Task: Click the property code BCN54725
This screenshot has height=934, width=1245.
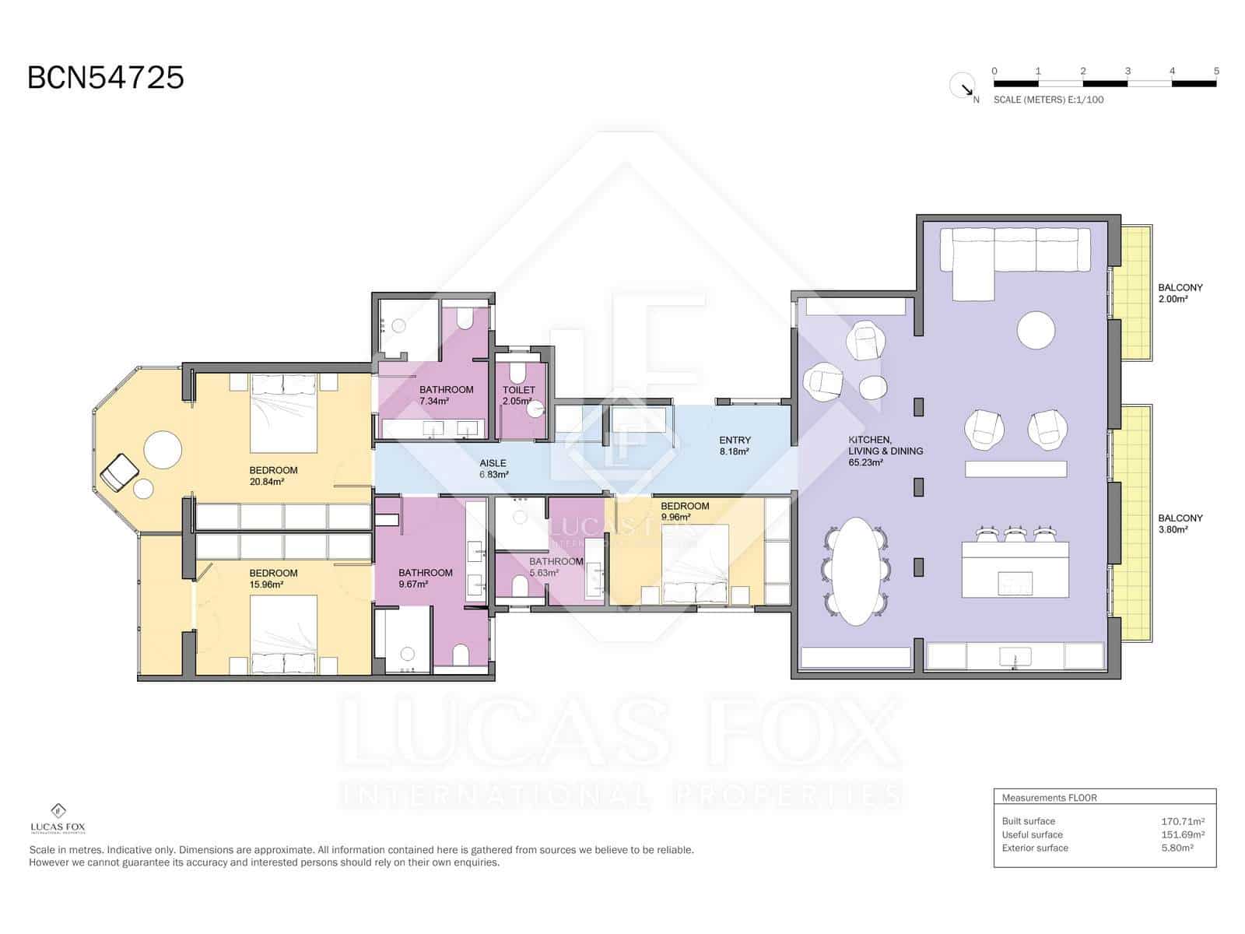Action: [x=105, y=78]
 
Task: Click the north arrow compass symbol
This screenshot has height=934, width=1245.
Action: [x=963, y=86]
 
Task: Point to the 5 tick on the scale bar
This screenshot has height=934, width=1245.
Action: [x=1215, y=72]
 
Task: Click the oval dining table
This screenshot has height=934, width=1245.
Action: [x=855, y=567]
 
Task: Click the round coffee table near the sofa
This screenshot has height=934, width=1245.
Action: [x=1036, y=330]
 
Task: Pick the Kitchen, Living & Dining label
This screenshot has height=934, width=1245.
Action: [x=886, y=451]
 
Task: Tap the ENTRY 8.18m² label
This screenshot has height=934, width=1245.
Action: [x=735, y=445]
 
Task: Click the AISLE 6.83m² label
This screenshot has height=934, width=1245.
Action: [x=493, y=469]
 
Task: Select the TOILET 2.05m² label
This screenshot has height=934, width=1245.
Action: [x=518, y=395]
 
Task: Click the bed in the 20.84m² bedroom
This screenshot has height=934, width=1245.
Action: [x=283, y=414]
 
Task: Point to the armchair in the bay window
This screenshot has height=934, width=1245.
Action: [x=120, y=472]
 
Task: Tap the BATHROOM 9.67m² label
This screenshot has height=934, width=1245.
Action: [x=425, y=578]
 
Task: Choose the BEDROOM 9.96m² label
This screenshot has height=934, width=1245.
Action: [x=685, y=511]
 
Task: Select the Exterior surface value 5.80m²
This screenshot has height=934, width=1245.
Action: [x=1177, y=848]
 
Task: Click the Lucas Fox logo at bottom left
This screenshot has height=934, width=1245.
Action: [x=58, y=818]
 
